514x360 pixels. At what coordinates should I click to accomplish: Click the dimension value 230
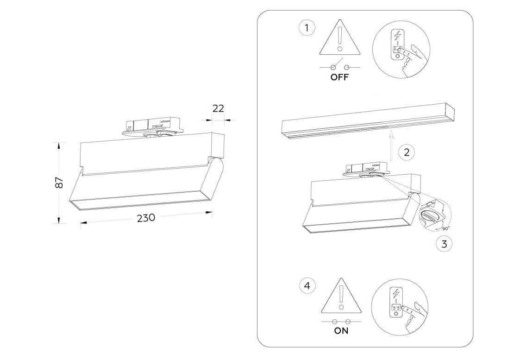click(x=146, y=218)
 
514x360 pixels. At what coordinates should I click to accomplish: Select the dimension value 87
click(x=59, y=183)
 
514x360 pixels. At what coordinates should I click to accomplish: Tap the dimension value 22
click(x=218, y=108)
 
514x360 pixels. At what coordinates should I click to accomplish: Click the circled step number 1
click(x=307, y=28)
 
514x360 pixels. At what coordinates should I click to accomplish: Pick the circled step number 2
click(x=407, y=152)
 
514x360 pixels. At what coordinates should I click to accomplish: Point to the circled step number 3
click(x=444, y=244)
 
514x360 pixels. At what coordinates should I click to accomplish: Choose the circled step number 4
click(x=307, y=286)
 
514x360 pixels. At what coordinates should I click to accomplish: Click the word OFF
click(x=339, y=77)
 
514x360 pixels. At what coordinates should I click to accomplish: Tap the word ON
click(x=341, y=331)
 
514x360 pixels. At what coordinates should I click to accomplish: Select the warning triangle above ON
click(x=341, y=298)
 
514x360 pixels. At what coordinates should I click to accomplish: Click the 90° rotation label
click(x=445, y=228)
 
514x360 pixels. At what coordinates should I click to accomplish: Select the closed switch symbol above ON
click(x=341, y=321)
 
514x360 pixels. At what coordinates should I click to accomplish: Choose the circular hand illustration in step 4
click(x=400, y=306)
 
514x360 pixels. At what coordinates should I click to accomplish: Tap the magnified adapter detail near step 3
click(x=433, y=213)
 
